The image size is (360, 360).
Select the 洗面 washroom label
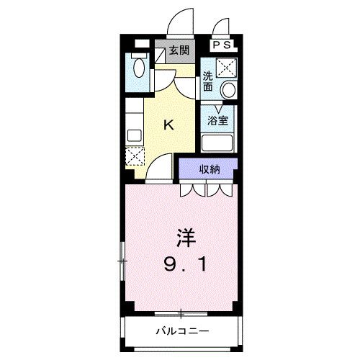(x=207, y=81)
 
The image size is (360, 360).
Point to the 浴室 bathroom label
(x=217, y=120)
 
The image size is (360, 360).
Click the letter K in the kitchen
(x=168, y=125)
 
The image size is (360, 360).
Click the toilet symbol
(x=138, y=67)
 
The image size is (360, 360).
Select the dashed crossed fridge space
(x=135, y=156)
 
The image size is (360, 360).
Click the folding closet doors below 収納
(x=206, y=190)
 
